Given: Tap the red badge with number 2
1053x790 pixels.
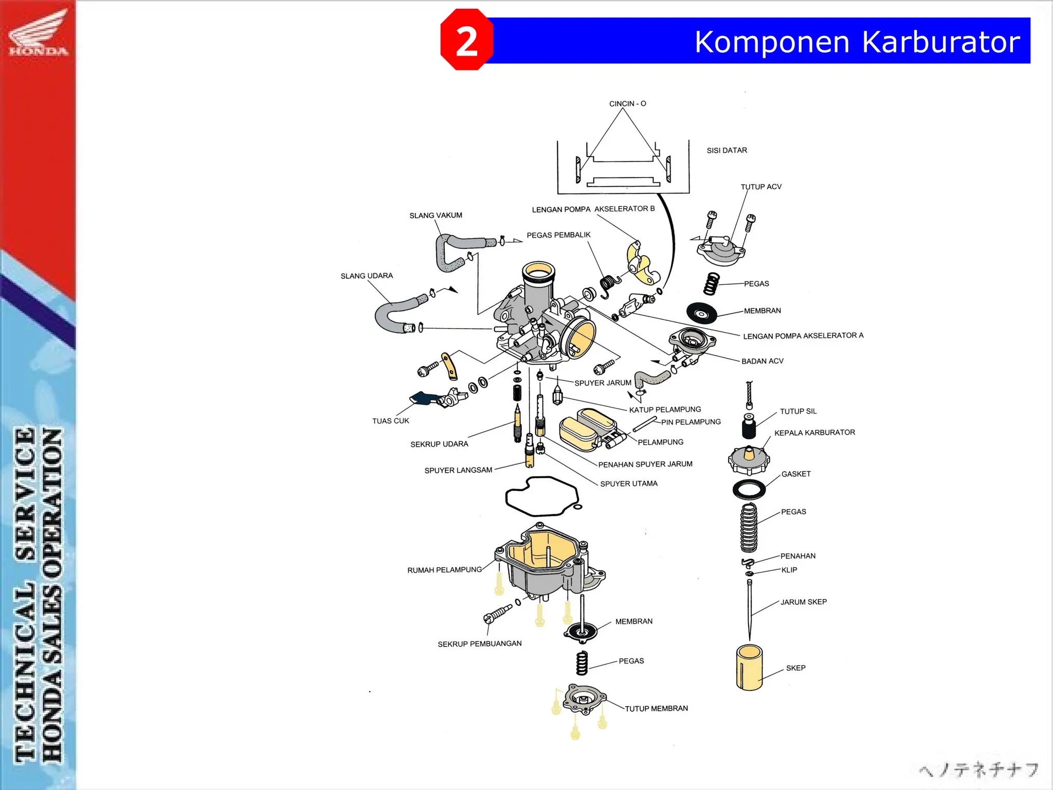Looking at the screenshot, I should tap(466, 40).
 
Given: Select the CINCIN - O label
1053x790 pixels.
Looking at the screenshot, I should tap(627, 103).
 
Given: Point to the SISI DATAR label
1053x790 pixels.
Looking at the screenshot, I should tap(727, 150).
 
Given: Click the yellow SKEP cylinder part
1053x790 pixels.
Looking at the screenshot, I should tap(749, 668).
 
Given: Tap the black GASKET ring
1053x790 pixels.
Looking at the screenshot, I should tap(749, 489).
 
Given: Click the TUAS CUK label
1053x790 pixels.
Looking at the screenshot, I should tap(390, 421).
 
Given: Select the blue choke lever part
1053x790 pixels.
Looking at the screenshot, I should tap(423, 398).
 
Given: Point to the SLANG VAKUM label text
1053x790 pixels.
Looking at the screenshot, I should tap(435, 216).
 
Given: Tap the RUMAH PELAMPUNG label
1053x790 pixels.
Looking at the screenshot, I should tap(444, 570).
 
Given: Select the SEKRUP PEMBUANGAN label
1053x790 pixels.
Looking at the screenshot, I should tap(479, 643).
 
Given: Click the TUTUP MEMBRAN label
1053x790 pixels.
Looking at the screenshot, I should tap(656, 708).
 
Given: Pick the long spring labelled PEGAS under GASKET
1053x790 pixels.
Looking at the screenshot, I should tap(749, 527).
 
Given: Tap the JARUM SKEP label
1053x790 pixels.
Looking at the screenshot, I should tap(803, 602).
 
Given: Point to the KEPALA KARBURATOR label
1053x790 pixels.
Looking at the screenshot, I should tap(814, 433).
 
